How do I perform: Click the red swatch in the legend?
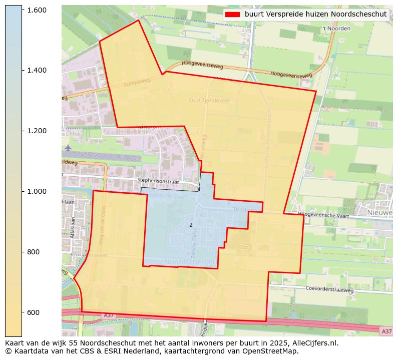[233, 15]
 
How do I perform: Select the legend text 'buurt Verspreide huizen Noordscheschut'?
[315, 15]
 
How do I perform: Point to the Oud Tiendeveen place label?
[210, 101]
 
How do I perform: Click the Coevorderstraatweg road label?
[329, 289]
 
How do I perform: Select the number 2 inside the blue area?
[191, 225]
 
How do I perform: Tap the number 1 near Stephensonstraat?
[199, 190]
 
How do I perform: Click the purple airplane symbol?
[68, 148]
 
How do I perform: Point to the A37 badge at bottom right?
[386, 331]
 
